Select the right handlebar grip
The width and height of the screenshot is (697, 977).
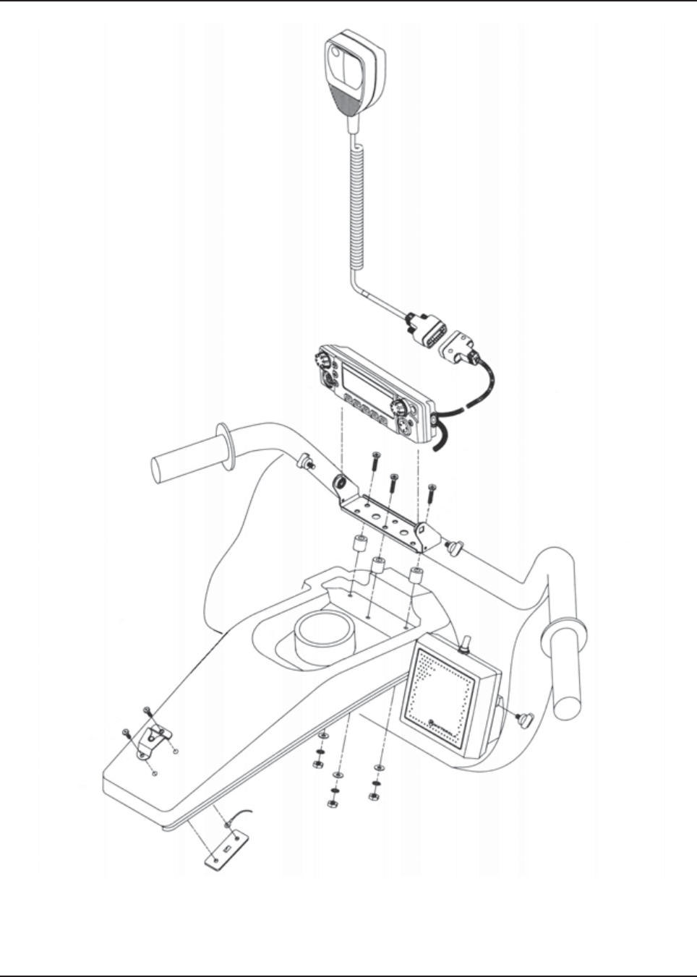click(567, 660)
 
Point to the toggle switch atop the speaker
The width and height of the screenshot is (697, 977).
click(466, 642)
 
